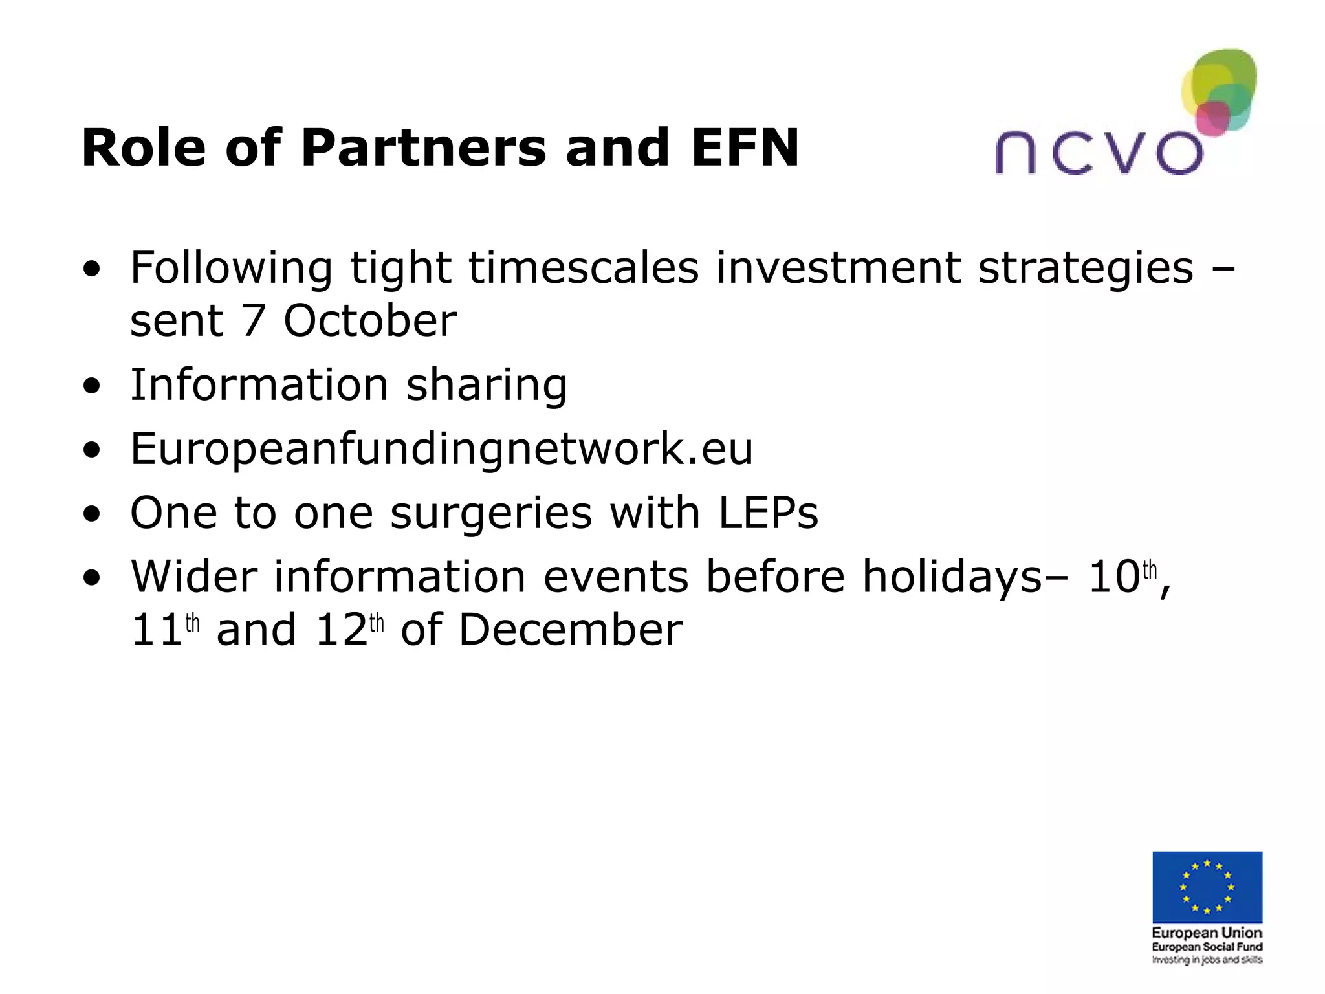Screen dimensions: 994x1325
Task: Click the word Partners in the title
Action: point(424,148)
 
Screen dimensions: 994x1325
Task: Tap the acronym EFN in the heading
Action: point(745,148)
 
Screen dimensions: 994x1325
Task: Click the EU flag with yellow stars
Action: point(1207,887)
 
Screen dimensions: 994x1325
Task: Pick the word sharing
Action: point(486,386)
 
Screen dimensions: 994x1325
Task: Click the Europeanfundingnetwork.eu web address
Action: point(442,448)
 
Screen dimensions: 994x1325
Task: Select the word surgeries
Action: point(491,513)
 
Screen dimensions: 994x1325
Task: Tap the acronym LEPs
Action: point(768,513)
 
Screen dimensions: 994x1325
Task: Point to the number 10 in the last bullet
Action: point(1113,577)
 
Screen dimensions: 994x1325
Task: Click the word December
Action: point(570,630)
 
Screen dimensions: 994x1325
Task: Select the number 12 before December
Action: point(341,630)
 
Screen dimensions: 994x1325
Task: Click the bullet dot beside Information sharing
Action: point(92,386)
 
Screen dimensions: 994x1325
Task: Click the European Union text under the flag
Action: point(1207,933)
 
